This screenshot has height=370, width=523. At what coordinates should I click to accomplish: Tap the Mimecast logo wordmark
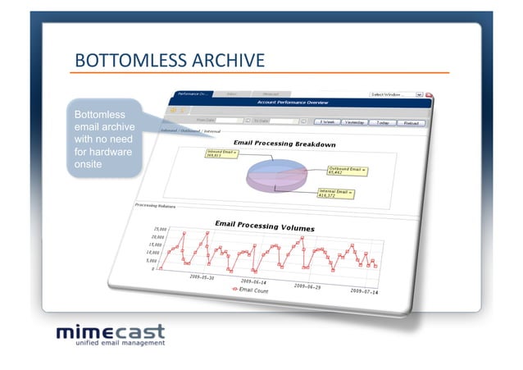(110, 332)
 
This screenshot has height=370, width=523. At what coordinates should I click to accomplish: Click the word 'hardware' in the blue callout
(106, 152)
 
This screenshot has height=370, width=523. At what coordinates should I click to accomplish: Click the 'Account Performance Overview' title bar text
(293, 103)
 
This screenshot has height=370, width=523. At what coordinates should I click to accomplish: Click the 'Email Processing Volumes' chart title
(264, 225)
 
